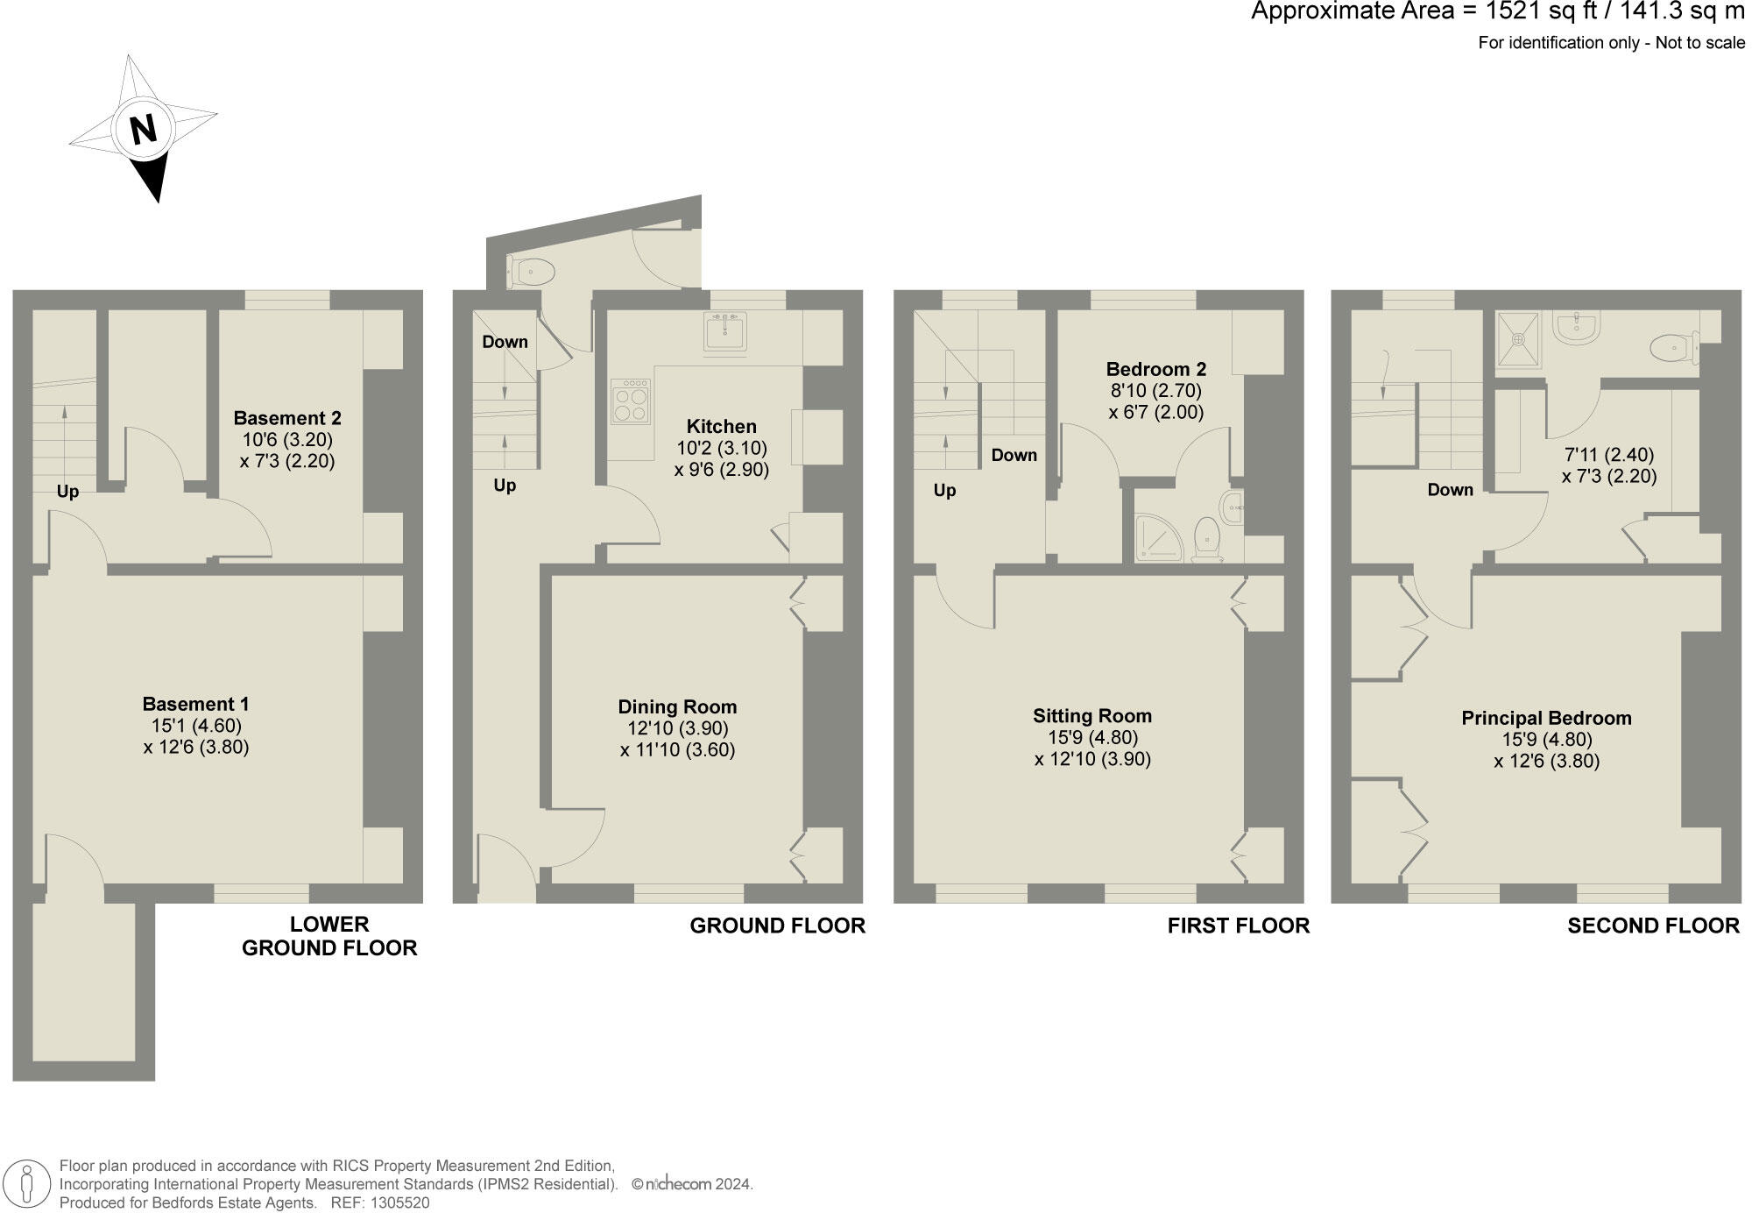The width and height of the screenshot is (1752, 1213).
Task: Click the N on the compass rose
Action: point(144,130)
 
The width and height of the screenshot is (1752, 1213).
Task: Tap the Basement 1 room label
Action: point(195,704)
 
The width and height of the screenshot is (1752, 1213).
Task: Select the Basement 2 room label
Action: point(287,418)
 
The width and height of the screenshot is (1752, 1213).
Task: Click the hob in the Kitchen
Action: point(631,401)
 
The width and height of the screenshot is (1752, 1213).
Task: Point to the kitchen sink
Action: point(725,332)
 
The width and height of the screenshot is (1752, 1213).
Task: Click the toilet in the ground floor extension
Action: point(533,272)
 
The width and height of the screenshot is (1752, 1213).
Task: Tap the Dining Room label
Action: point(677,706)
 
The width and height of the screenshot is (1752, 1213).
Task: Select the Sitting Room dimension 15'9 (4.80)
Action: point(1092,737)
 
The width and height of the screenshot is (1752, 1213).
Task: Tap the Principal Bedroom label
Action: point(1546,718)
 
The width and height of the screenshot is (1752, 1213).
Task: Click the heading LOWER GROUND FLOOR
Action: point(329,936)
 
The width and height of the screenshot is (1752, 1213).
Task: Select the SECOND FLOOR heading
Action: point(1653,926)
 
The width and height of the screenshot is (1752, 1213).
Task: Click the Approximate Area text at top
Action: point(1497,12)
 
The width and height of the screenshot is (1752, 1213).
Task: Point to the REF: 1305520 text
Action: point(379,1203)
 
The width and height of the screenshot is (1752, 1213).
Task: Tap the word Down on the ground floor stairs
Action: point(505,342)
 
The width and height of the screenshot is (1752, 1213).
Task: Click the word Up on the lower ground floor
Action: point(67,492)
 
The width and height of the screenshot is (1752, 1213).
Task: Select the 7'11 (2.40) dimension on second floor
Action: point(1608,455)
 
